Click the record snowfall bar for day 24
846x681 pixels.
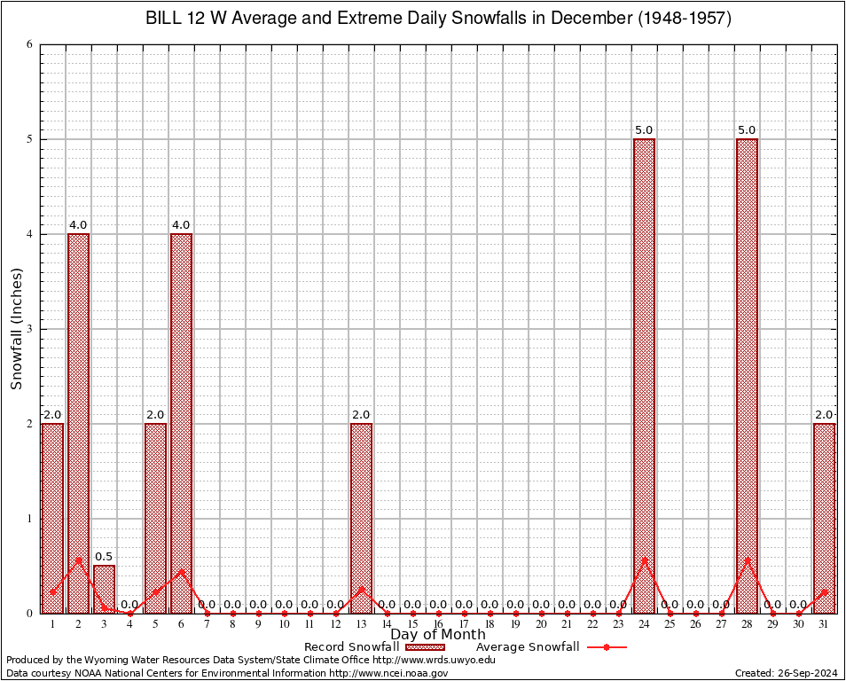tap(644, 372)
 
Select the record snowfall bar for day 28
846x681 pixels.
tap(747, 372)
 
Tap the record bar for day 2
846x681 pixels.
tap(78, 421)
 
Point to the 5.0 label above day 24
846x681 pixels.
tap(644, 130)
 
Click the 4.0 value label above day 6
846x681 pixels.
tap(181, 225)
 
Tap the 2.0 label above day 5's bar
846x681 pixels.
tap(155, 415)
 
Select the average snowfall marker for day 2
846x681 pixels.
tap(78, 560)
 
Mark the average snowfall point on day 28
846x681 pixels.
tap(747, 560)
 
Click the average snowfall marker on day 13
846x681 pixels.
tap(361, 588)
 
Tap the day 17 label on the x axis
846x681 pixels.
tap(464, 625)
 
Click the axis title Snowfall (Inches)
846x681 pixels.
tap(16, 329)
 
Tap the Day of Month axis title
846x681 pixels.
tap(438, 635)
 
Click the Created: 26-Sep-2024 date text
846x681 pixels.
tap(787, 673)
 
